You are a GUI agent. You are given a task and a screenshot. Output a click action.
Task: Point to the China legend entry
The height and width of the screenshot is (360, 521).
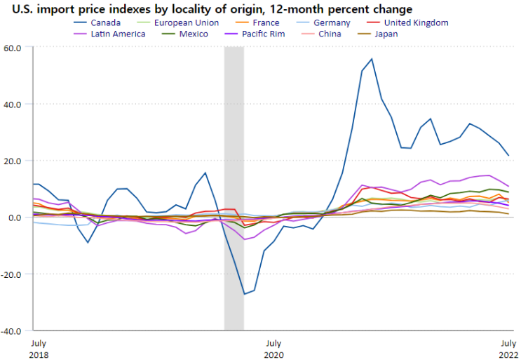(330, 34)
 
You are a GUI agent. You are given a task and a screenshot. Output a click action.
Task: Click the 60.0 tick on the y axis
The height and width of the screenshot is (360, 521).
(14, 47)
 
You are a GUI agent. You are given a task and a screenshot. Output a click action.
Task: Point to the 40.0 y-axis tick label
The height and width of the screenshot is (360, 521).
(14, 104)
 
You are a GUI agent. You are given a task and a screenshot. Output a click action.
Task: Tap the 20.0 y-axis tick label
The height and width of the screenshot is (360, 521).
(14, 161)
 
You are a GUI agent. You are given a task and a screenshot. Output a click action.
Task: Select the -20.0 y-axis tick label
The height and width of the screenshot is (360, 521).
(13, 274)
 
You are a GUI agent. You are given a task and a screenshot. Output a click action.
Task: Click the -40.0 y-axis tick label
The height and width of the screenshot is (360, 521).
(13, 331)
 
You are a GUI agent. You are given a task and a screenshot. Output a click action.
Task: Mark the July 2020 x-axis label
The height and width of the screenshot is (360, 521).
(273, 349)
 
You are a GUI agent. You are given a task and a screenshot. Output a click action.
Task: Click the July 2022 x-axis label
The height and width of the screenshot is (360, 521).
(508, 349)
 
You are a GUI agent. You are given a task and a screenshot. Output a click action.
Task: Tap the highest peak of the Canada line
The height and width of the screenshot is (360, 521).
(372, 59)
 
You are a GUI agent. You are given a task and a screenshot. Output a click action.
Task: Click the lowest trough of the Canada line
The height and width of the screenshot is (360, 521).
(244, 294)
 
